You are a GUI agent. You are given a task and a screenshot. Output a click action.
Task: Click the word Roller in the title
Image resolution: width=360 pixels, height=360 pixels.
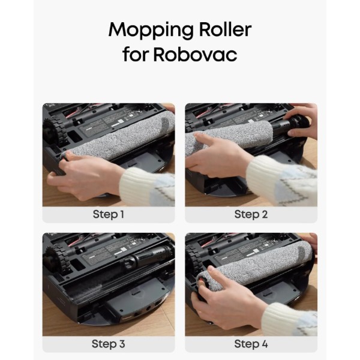point(226,29)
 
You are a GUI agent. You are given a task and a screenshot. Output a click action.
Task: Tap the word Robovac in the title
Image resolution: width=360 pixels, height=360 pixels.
point(195,54)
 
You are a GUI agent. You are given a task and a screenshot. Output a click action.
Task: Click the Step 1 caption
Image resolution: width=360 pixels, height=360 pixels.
point(109,215)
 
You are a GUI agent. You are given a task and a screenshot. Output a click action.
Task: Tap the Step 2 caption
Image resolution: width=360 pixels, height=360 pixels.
point(251,215)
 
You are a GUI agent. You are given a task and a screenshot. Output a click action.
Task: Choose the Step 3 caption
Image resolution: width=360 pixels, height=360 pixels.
point(109,344)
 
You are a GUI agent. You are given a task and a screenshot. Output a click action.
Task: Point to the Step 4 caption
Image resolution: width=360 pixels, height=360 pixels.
point(251,344)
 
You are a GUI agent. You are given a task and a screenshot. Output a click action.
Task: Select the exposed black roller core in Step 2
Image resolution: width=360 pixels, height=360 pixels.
point(290,126)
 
